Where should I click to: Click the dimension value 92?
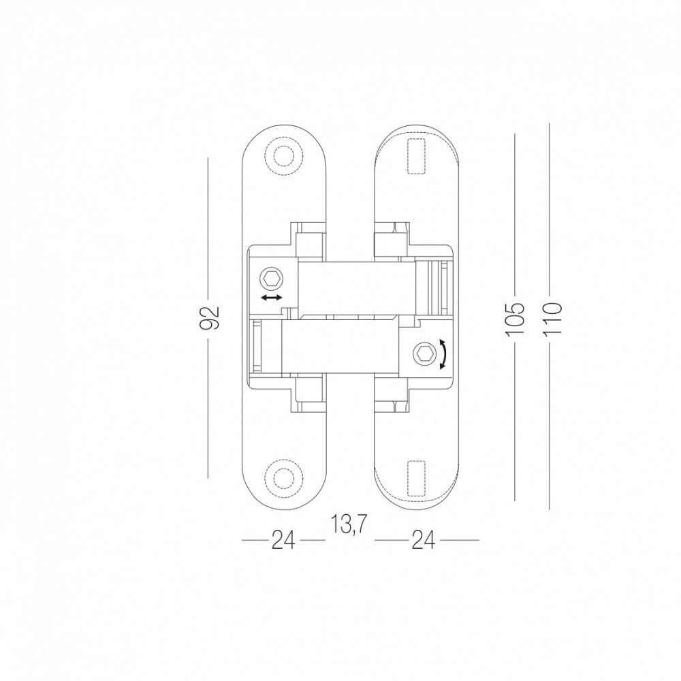point(211,317)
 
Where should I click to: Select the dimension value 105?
point(515,318)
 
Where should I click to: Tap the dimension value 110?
point(552,318)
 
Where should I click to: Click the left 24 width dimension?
point(283,541)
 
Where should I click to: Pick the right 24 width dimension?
point(423,541)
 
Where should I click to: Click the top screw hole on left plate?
point(283,157)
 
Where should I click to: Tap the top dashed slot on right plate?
point(417,157)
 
